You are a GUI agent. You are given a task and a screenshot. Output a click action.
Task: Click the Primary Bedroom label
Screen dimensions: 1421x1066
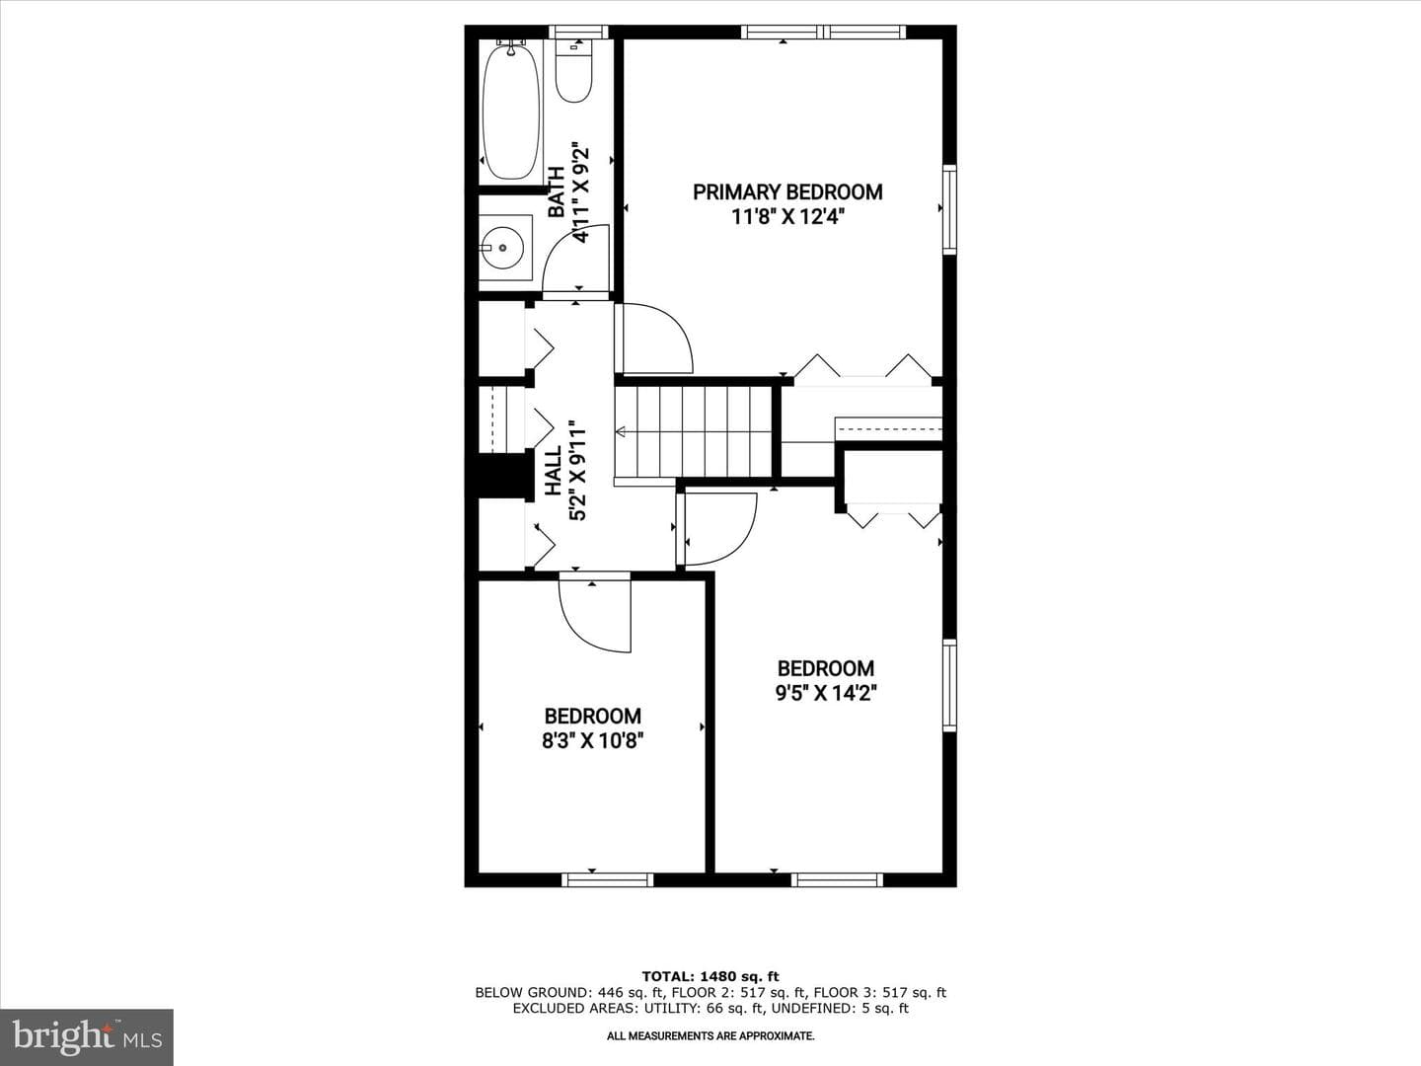point(787,192)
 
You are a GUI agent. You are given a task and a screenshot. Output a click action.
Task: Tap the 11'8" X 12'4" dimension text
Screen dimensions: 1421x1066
point(788,216)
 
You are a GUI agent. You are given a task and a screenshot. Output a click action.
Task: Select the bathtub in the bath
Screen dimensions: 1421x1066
point(511,111)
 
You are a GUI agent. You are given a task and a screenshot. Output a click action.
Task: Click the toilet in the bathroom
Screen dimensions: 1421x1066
point(574,71)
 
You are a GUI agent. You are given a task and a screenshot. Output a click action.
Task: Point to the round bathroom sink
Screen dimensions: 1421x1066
point(502,248)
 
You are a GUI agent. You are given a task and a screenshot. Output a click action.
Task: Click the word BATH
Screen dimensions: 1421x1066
point(557,192)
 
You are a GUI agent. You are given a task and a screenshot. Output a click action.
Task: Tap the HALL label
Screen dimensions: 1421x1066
point(554,471)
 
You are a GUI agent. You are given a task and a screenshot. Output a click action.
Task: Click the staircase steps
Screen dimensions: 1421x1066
point(694,431)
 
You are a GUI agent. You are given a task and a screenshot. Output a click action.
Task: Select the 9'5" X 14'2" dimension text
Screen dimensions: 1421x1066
point(826,693)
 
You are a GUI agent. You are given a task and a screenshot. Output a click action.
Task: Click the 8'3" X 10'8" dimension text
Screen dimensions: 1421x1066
point(593,740)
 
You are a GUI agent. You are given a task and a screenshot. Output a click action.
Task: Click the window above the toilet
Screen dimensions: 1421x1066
point(578,32)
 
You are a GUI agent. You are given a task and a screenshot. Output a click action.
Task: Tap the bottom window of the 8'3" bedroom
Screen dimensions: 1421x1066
point(607,879)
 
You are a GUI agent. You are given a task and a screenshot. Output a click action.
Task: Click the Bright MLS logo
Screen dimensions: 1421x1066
point(87,1036)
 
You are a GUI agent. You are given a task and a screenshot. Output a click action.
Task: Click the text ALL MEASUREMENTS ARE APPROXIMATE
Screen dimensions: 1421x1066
point(710,1036)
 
